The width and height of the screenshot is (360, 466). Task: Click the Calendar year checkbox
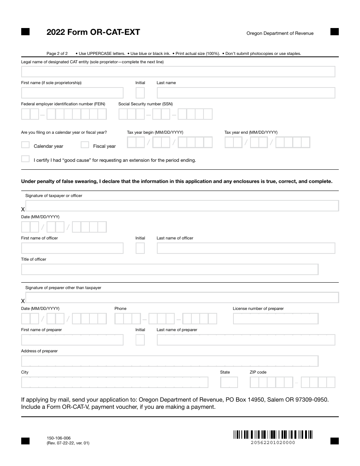(25, 145)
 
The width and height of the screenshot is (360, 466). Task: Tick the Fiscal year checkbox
(85, 145)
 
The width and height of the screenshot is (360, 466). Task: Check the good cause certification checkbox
(25, 159)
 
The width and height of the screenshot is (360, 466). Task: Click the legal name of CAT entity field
(178, 72)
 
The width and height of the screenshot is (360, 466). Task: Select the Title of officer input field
(169, 269)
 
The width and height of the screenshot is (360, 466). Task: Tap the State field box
(229, 382)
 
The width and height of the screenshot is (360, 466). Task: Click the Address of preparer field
(169, 361)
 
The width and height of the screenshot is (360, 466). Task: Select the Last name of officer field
(246, 248)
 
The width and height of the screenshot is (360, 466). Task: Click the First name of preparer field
(72, 340)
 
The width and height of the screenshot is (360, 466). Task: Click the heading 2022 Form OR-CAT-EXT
(93, 32)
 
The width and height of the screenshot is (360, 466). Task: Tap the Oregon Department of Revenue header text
(280, 33)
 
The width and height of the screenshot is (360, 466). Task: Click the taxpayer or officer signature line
(182, 206)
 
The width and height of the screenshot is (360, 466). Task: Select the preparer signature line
(182, 297)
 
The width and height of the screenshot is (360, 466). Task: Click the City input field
(114, 382)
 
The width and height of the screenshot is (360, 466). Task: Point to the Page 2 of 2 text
(57, 53)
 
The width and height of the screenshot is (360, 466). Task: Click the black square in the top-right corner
(335, 32)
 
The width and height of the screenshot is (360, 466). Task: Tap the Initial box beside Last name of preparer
(140, 340)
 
